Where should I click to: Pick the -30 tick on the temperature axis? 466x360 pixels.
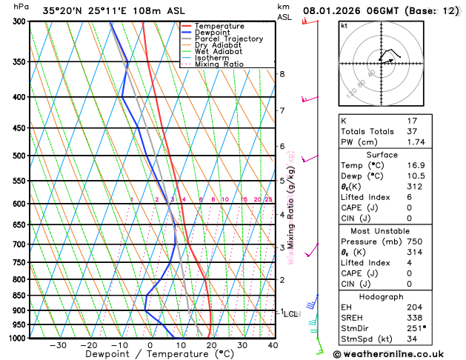(58, 345)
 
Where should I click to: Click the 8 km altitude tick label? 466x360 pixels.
(282, 74)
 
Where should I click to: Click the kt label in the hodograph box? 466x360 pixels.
(344, 25)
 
